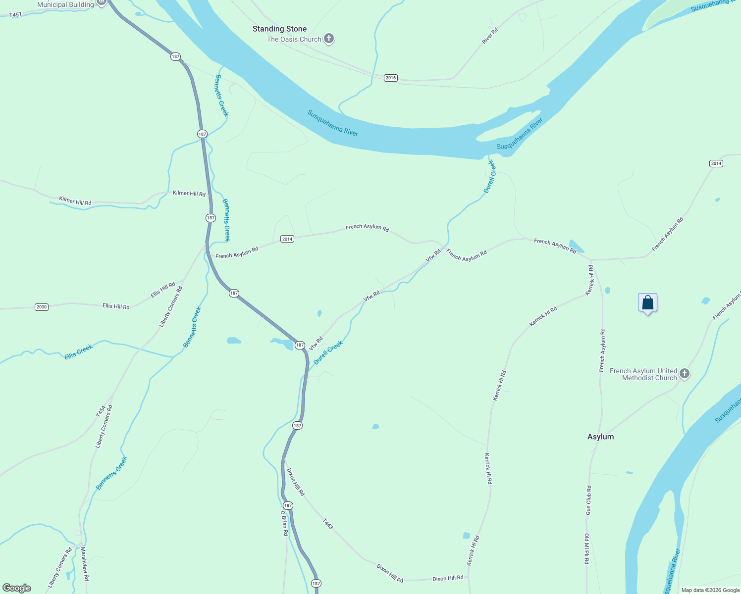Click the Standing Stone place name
pyautogui.click(x=279, y=29)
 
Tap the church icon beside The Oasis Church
pyautogui.click(x=328, y=39)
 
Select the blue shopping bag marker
pyautogui.click(x=647, y=302)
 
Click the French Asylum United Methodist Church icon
pyautogui.click(x=685, y=374)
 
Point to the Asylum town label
pyautogui.click(x=600, y=437)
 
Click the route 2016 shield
pyautogui.click(x=391, y=78)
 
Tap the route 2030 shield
pyautogui.click(x=42, y=307)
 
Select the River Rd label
pyautogui.click(x=490, y=36)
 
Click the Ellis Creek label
pyautogui.click(x=79, y=352)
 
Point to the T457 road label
pyautogui.click(x=15, y=15)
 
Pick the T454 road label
pyautogui.click(x=101, y=411)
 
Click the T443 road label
pyautogui.click(x=328, y=524)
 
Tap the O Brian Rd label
pyautogui.click(x=284, y=524)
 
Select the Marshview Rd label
pyautogui.click(x=85, y=563)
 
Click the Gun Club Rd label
pyautogui.click(x=588, y=500)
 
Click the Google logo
pyautogui.click(x=17, y=588)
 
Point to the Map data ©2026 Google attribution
pyautogui.click(x=710, y=590)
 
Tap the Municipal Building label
pyautogui.click(x=65, y=4)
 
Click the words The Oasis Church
pyautogui.click(x=294, y=39)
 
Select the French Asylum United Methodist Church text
pyautogui.click(x=643, y=374)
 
